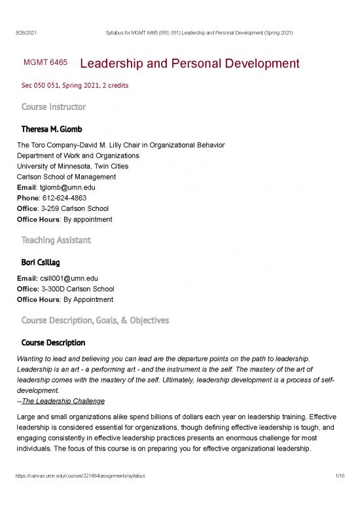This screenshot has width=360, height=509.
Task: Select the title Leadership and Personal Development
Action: tap(189, 64)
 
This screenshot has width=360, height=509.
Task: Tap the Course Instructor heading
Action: tap(53, 106)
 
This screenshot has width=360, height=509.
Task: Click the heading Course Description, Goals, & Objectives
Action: tap(95, 320)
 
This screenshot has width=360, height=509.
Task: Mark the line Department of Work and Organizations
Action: tap(78, 155)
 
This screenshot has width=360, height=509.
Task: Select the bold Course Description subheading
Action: tap(53, 343)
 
